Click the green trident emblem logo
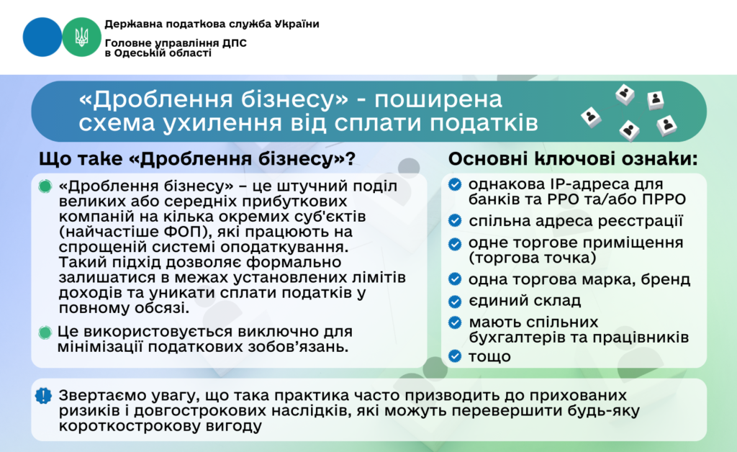click(x=81, y=37)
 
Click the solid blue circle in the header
click(x=42, y=37)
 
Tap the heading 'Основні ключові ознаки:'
click(x=573, y=158)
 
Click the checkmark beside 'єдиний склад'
click(x=455, y=301)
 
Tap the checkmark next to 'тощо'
click(x=455, y=356)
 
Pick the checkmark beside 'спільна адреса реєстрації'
click(x=455, y=220)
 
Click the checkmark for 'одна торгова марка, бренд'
click(x=455, y=279)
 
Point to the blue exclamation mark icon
click(x=45, y=396)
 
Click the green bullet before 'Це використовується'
click(x=45, y=332)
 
